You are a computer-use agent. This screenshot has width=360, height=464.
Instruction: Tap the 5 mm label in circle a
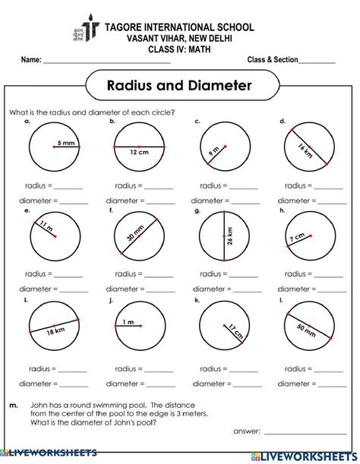67,142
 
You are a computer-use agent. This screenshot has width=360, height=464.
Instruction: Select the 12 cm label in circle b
139,152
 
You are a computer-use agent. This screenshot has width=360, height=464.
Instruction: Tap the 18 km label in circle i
54,331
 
